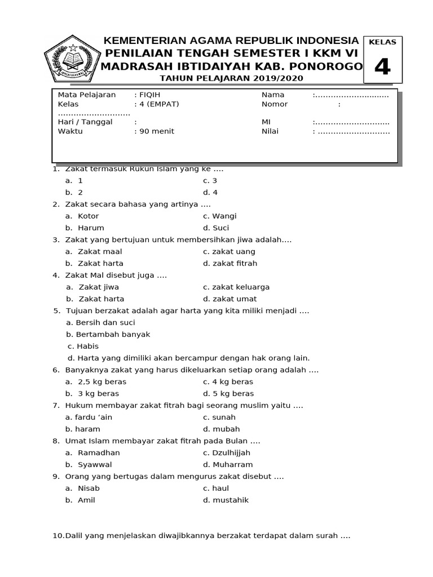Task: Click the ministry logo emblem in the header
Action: point(71,59)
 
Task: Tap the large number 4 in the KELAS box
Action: point(382,67)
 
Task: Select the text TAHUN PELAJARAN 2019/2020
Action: point(231,78)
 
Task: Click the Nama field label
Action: point(273,95)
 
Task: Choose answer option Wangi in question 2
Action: point(224,216)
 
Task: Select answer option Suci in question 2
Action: point(221,228)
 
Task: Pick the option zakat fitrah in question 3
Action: point(229,263)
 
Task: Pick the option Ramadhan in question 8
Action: point(99,452)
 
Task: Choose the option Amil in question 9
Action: point(86,500)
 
